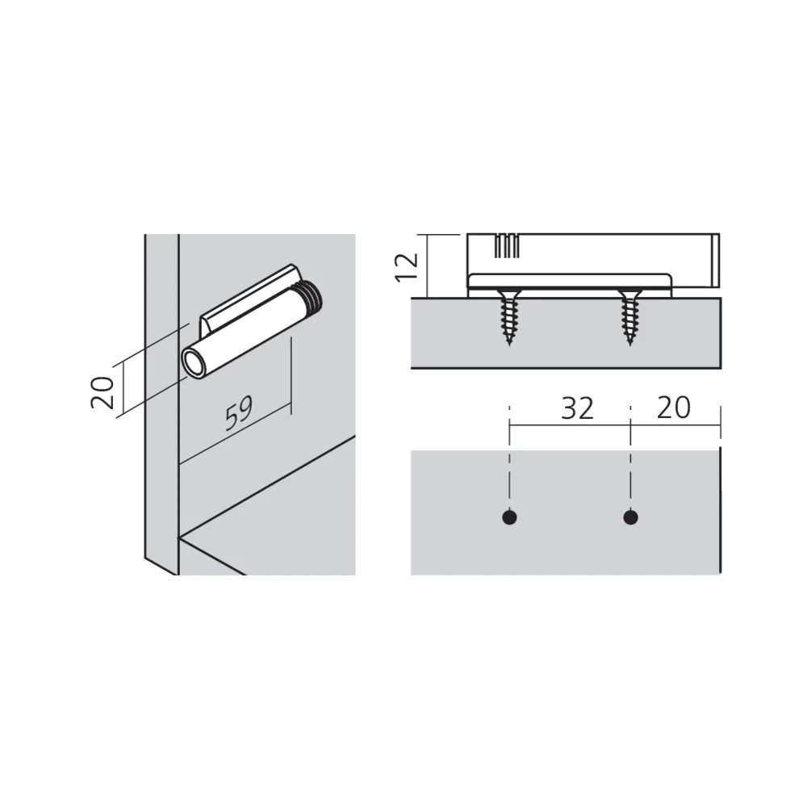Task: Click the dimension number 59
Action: click(240, 412)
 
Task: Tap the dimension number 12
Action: click(407, 267)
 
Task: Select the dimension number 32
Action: click(577, 408)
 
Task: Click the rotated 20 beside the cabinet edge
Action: click(102, 393)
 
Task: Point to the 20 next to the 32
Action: click(673, 408)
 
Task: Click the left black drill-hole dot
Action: click(509, 517)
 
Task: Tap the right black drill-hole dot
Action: click(630, 517)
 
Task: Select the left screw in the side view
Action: click(509, 317)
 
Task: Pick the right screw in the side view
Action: click(630, 317)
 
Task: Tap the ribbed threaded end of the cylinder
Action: click(312, 299)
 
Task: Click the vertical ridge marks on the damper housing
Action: click(507, 246)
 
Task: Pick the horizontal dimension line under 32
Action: click(570, 425)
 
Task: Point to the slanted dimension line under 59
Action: click(235, 435)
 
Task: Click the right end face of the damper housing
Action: click(715, 261)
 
